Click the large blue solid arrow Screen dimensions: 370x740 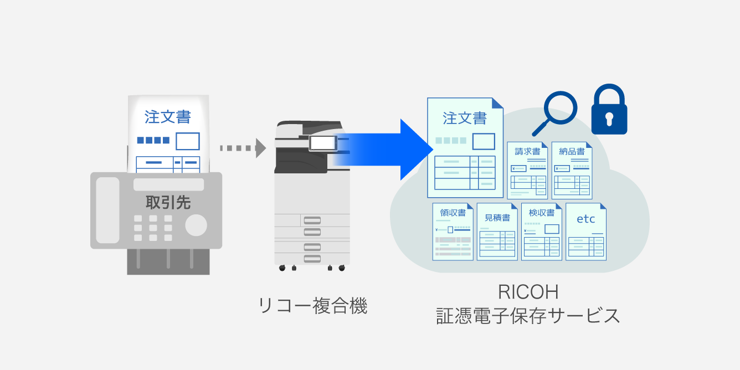tap(388, 149)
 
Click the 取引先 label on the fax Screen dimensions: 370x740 tap(168, 202)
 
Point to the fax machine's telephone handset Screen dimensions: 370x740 tap(107, 210)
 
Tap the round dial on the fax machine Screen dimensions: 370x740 tap(196, 225)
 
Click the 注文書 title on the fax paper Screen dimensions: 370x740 tap(168, 117)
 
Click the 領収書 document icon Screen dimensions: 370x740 tap(453, 232)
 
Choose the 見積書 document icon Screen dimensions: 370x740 tap(497, 232)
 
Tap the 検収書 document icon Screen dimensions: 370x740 tap(541, 232)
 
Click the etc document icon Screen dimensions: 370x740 tap(585, 232)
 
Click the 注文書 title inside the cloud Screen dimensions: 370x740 tap(465, 119)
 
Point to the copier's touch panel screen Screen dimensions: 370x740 tap(322, 143)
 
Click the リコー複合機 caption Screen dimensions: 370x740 tap(313, 306)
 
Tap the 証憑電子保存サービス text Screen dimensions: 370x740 tap(527, 316)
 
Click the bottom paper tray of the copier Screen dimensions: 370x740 tap(312, 258)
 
